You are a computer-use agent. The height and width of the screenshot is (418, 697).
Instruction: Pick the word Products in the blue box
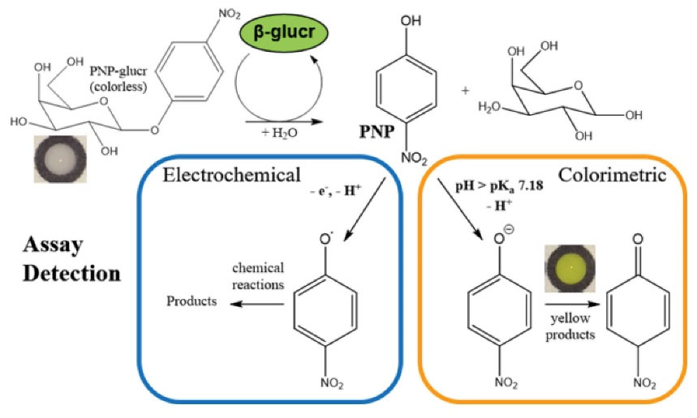[191, 302]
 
